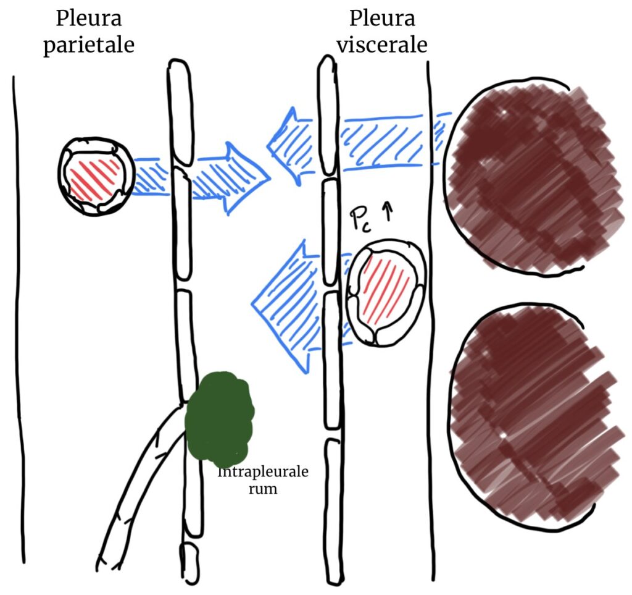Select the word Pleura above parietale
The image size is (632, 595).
[x=88, y=19]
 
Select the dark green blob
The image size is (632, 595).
[x=219, y=418]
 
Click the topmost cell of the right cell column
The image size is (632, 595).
[x=328, y=117]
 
